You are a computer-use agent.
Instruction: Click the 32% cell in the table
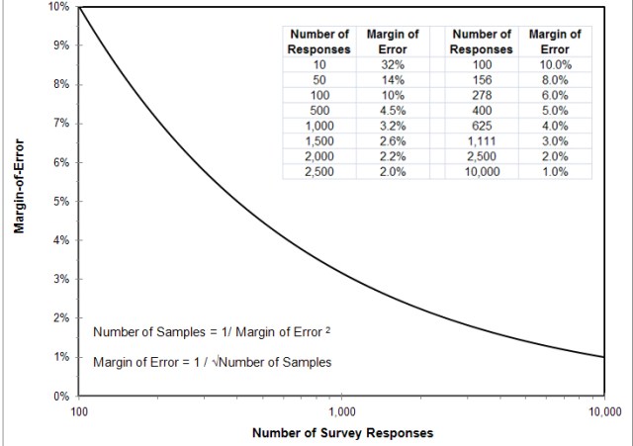393,64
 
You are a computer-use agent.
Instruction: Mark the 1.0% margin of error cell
555,171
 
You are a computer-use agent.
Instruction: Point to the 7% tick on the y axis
60,124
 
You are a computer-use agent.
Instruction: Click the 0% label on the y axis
60,397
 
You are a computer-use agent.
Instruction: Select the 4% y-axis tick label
60,240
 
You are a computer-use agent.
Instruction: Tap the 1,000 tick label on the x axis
342,410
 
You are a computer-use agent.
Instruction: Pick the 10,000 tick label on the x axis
602,410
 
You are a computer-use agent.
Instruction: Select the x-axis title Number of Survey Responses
342,433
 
